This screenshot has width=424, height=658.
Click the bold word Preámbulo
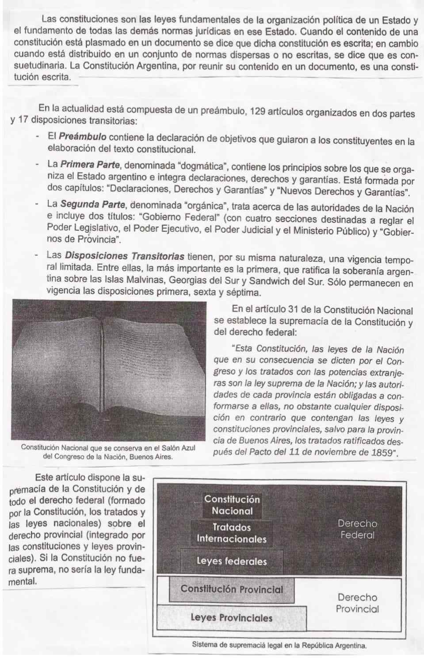click(x=83, y=137)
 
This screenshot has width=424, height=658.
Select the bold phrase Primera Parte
click(x=90, y=165)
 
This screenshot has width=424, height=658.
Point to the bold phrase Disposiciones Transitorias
click(x=124, y=256)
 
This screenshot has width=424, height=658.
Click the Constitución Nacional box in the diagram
click(x=232, y=505)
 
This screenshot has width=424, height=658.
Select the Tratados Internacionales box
click(x=231, y=533)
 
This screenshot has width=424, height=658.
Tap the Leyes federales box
click(x=232, y=562)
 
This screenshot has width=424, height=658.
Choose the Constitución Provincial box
click(x=232, y=589)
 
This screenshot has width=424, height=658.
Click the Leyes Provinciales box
click(x=231, y=618)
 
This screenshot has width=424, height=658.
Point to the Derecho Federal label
click(x=357, y=529)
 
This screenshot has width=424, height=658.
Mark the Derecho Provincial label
click(x=357, y=603)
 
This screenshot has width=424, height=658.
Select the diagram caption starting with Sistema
click(x=279, y=645)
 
